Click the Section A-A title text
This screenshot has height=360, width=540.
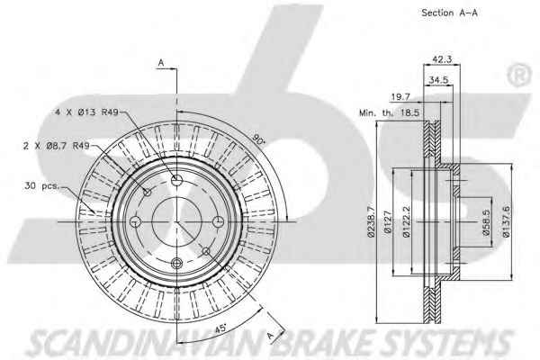(x=449, y=13)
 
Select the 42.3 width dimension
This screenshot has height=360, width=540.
(x=442, y=59)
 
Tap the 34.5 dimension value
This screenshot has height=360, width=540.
(x=438, y=80)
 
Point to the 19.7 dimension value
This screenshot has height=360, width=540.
(x=400, y=97)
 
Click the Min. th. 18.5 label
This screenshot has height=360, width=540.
(x=389, y=112)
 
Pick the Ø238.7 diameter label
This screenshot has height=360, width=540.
(x=371, y=222)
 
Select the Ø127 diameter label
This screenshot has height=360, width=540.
(x=388, y=222)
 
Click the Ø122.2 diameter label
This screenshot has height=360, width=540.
(x=407, y=221)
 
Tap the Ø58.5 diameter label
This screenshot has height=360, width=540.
(x=486, y=222)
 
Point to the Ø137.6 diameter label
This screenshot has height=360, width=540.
(x=506, y=221)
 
